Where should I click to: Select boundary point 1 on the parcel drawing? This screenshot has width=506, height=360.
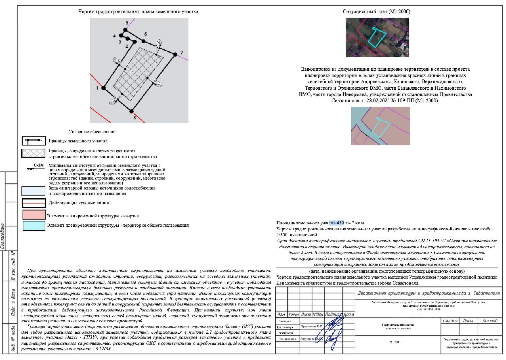(104, 88)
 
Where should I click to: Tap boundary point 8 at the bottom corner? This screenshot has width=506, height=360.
(132, 112)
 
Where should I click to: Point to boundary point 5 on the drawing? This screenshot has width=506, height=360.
(126, 30)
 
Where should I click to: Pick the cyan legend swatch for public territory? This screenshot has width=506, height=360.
(34, 226)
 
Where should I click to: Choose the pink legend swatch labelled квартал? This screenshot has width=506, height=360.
(34, 215)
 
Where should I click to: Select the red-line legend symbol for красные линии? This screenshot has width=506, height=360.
(34, 203)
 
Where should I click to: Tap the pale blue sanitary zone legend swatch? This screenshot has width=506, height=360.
(34, 191)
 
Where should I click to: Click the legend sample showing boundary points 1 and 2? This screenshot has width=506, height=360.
(34, 141)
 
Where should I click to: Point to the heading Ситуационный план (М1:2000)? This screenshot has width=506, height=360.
(377, 11)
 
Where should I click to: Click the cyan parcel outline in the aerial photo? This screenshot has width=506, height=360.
(377, 37)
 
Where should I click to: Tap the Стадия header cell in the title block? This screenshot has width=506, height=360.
(450, 321)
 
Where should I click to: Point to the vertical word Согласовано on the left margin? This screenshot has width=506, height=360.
(3, 236)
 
